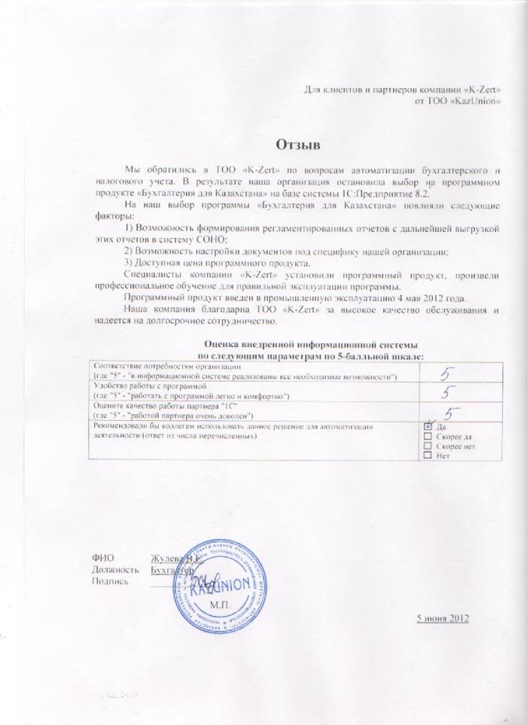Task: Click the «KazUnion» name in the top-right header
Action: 477,102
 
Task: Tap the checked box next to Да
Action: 428,426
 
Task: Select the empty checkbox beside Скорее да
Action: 428,436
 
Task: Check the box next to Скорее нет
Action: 428,446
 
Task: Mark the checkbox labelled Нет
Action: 428,455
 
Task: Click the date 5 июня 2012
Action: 444,618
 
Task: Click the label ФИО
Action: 102,558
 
